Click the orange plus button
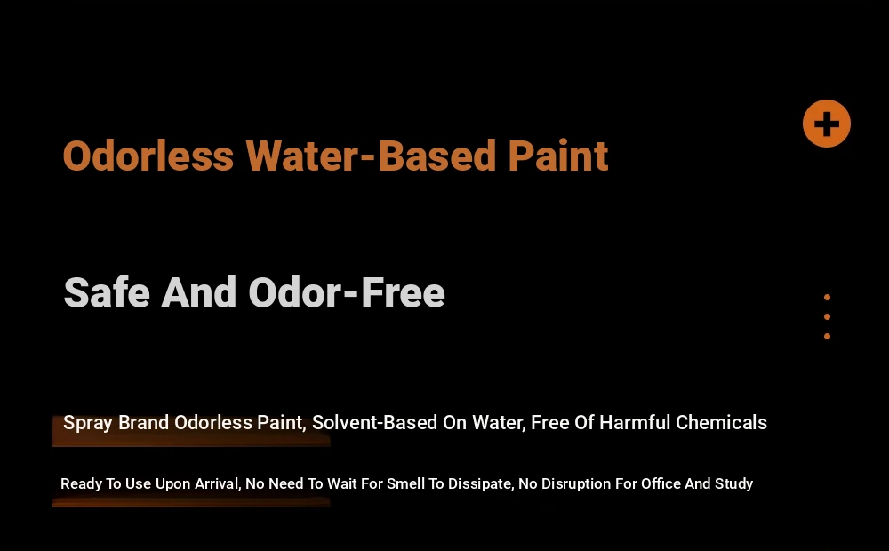827,124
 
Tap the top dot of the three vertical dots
827,298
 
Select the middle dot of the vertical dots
827,317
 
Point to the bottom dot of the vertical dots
827,337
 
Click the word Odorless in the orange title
148,156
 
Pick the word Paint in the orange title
558,156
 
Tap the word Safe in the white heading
108,293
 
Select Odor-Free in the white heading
347,293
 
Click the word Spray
88,423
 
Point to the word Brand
143,422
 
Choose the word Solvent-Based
374,422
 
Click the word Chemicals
721,422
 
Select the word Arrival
219,484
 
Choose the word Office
661,483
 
